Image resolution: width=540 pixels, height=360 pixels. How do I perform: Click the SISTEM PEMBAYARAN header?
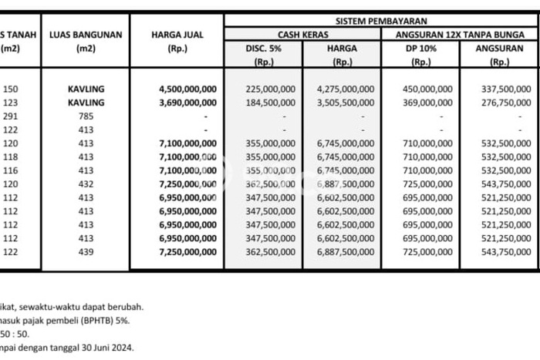pyautogui.click(x=381, y=21)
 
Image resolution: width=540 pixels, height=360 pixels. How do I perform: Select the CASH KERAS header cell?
pyautogui.click(x=303, y=35)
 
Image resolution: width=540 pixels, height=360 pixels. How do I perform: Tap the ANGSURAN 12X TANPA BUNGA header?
pyautogui.click(x=460, y=35)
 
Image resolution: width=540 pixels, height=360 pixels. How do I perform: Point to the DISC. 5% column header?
pyautogui.click(x=264, y=48)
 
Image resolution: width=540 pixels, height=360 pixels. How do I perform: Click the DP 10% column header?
pyautogui.click(x=420, y=48)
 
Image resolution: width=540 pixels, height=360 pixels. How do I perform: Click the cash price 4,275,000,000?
pyautogui.click(x=345, y=89)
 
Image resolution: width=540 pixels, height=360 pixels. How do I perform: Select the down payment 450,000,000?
pyautogui.click(x=424, y=89)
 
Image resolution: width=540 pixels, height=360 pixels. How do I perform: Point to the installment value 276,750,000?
pyautogui.click(x=502, y=102)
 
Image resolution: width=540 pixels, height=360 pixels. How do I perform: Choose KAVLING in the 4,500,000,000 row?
pyautogui.click(x=85, y=89)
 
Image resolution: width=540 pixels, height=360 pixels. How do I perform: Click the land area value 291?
pyautogui.click(x=10, y=116)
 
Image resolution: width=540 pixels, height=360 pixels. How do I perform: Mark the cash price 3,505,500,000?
pyautogui.click(x=345, y=102)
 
